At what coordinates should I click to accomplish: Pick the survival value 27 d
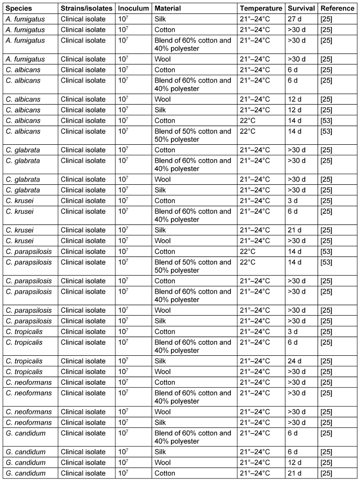296,19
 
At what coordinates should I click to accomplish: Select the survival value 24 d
296,361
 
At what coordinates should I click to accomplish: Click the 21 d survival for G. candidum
296,473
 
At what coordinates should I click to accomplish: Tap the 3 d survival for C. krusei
294,200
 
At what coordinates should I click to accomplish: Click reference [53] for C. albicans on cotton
326,120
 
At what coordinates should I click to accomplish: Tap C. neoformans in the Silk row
29,422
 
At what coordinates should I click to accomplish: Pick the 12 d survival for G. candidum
296,463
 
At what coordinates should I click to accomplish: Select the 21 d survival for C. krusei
296,230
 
